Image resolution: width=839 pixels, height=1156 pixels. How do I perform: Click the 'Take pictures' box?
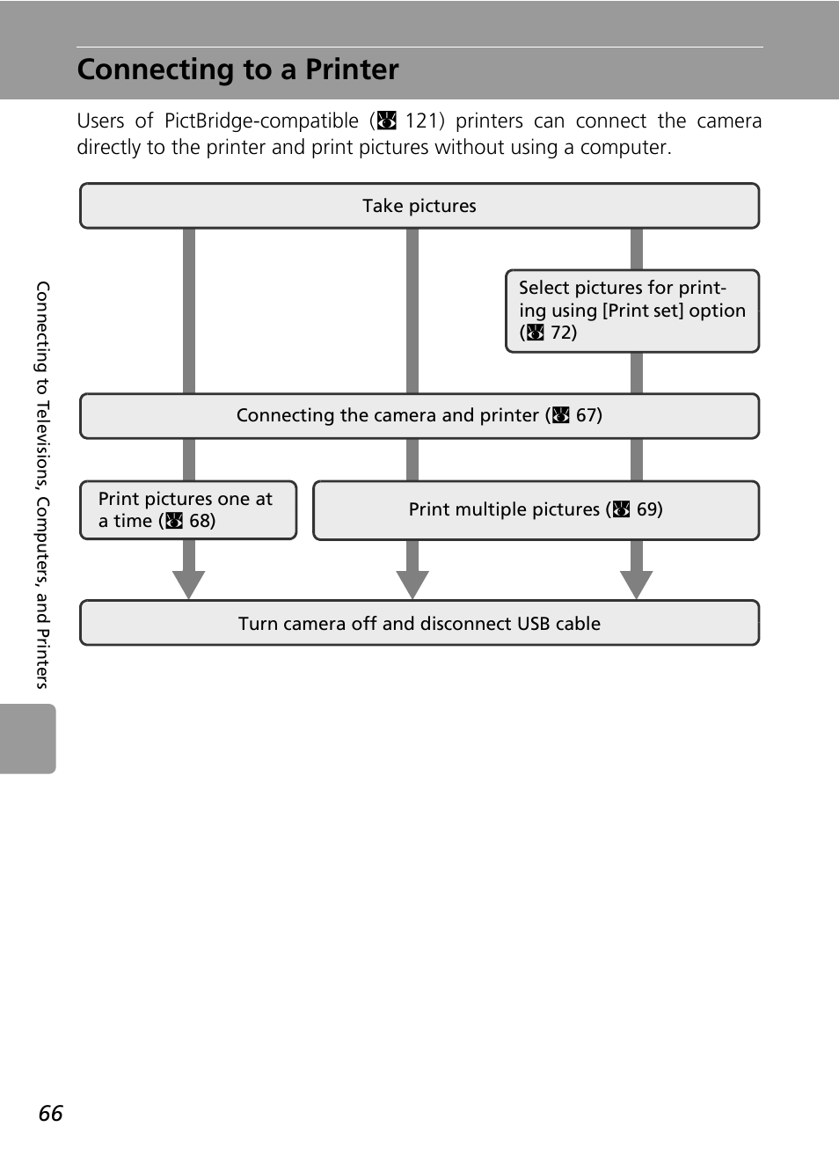point(419,205)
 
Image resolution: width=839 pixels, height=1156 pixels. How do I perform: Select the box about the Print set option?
point(632,311)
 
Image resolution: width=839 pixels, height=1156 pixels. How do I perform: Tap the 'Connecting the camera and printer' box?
point(419,416)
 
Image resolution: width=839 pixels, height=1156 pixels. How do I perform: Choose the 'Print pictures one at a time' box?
point(188,510)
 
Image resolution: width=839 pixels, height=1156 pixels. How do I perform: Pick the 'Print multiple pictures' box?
point(536,510)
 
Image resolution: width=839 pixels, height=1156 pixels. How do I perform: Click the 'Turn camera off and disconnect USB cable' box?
point(419,622)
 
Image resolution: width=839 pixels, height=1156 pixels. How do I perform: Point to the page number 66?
point(50,1113)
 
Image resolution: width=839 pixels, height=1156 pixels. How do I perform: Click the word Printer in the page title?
point(352,70)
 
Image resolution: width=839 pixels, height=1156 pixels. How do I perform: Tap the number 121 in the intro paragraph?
point(421,121)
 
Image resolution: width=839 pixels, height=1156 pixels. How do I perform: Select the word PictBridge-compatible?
point(261,121)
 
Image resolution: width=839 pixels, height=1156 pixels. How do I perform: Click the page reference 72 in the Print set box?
point(562,333)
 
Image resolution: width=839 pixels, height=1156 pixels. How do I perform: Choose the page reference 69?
point(647,509)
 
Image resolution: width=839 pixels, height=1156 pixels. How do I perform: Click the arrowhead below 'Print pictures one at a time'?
point(189,585)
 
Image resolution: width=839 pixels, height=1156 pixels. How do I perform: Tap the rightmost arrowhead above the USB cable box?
point(636,585)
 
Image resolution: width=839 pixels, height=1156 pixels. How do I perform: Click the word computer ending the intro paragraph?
point(625,148)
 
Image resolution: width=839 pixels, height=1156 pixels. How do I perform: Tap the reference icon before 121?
point(387,121)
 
